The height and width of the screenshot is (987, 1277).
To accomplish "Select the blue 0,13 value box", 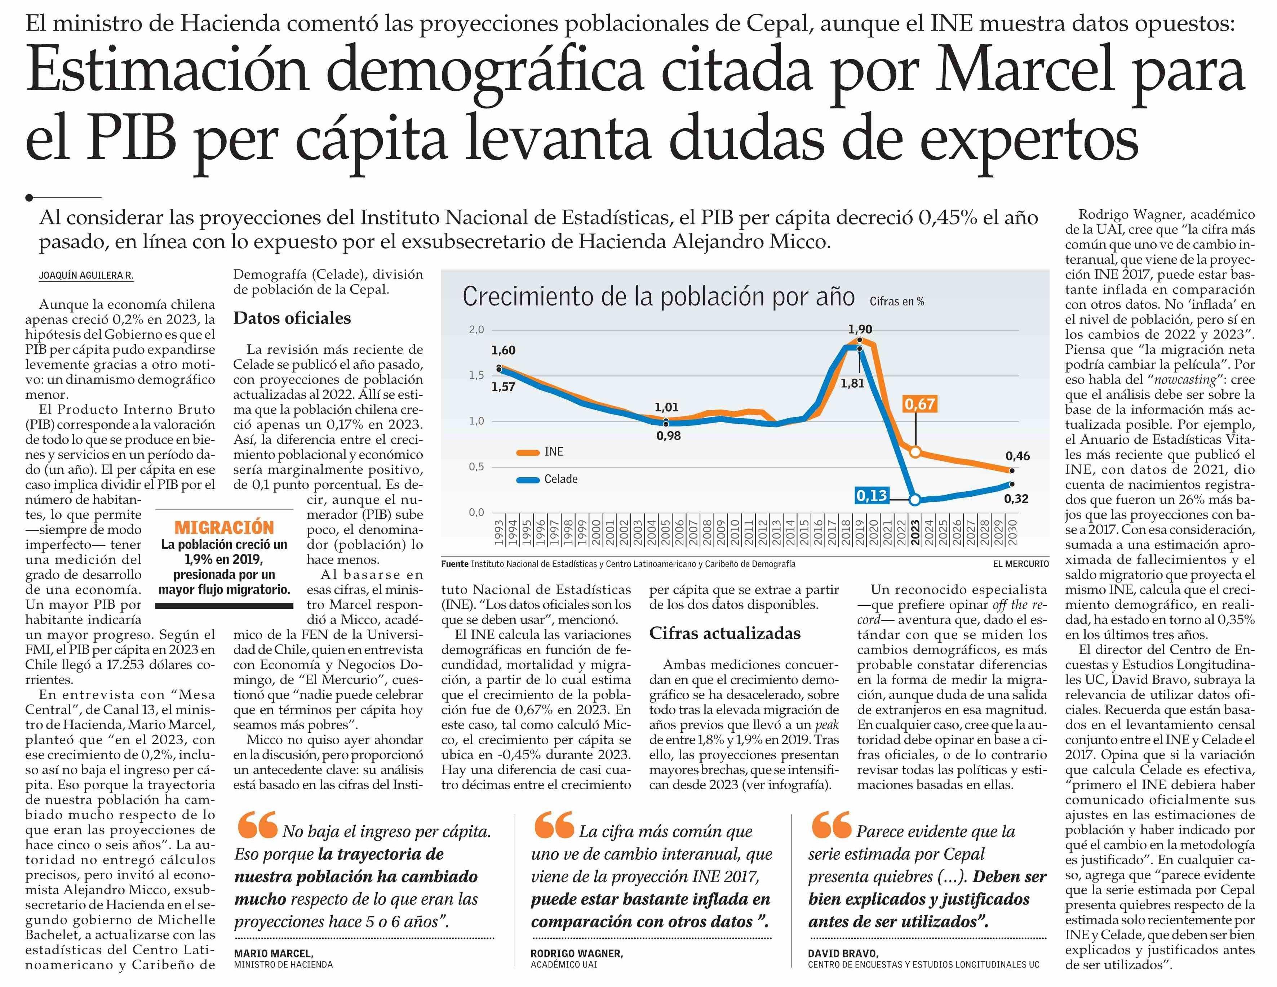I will point(871,496).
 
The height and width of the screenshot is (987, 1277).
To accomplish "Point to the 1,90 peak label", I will point(860,329).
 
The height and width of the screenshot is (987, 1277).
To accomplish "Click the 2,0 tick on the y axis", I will point(476,330).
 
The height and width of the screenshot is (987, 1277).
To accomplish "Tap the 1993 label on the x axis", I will point(499,532).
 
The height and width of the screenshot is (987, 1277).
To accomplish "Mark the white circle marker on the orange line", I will point(915,452).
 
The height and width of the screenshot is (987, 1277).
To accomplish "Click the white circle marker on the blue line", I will point(915,500).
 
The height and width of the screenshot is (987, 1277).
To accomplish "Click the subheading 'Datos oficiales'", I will point(292,318).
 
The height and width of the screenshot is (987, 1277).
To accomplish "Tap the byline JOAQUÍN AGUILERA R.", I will point(86,275).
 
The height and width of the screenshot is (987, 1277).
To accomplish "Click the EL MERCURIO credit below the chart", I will point(1020,564).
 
